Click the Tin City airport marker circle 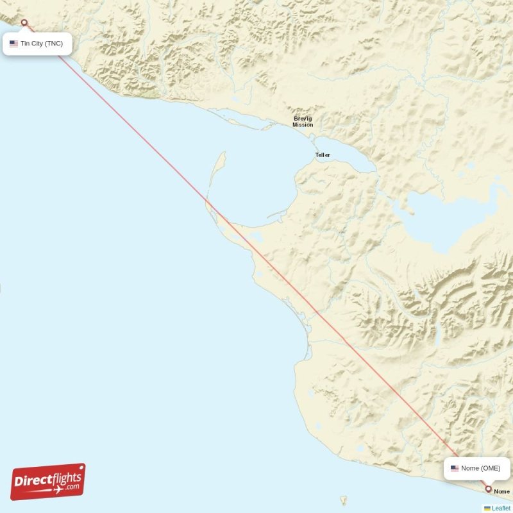pos(24,23)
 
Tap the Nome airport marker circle pos(489,489)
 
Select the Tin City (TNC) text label pos(42,44)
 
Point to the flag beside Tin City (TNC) pos(13,44)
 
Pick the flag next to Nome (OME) pos(455,468)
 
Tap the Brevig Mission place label pos(303,121)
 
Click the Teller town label pos(323,155)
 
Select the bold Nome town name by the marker pos(501,492)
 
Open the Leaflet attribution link pos(501,508)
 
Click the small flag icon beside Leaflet pos(487,508)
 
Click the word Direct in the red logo pos(33,479)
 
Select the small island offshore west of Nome pos(343,499)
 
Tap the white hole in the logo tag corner pos(80,468)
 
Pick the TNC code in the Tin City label pos(55,44)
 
